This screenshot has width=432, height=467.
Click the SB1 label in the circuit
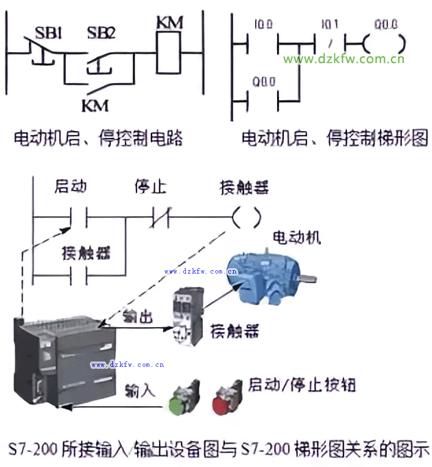tap(49, 32)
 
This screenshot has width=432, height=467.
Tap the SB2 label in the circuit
tap(101, 32)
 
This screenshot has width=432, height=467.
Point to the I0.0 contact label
tap(263, 25)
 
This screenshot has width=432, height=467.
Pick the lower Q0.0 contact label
tap(263, 82)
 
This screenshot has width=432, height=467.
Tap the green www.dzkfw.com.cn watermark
tap(344, 59)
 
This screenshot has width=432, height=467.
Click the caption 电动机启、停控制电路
tap(99, 139)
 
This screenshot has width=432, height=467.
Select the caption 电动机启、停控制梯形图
tap(335, 139)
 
